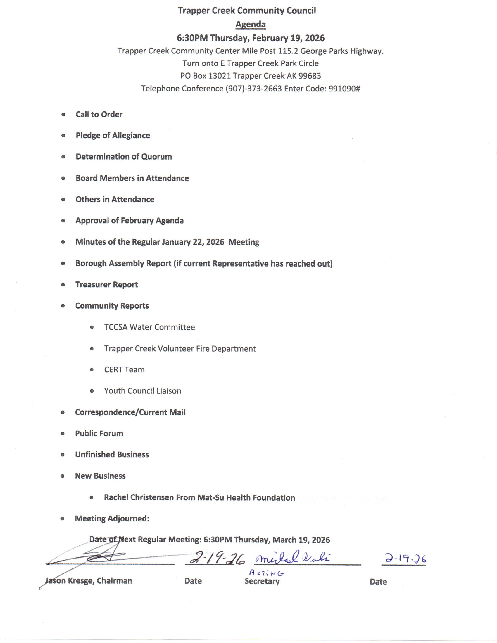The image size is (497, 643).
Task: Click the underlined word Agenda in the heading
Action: point(251,25)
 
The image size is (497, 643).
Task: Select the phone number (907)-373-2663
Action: point(254,89)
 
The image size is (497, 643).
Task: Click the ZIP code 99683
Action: point(309,76)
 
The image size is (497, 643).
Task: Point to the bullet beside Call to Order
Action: point(63,115)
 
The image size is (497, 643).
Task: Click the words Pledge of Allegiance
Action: point(113,135)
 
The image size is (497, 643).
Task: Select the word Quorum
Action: point(156,157)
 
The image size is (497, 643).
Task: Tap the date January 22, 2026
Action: point(193,242)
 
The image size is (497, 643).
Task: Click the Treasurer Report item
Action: point(107,285)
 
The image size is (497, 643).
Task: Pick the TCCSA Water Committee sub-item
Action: point(149,327)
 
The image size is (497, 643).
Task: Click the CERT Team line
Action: point(124,370)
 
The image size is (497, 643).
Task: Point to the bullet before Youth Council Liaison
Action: point(92,391)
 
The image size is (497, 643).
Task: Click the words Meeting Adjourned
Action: point(112,518)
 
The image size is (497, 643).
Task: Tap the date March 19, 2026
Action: point(301,540)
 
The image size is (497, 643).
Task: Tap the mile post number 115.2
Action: point(288,51)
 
